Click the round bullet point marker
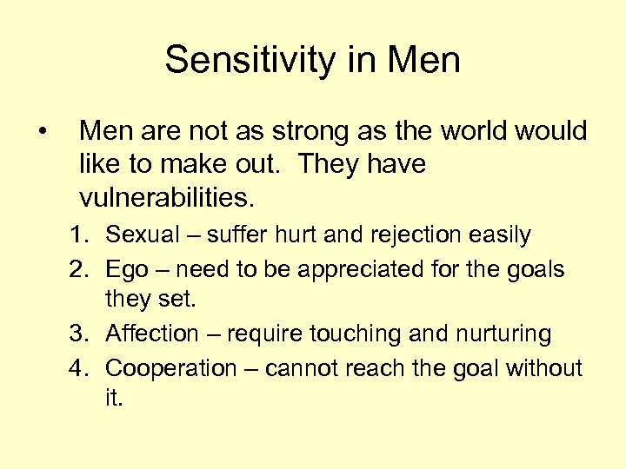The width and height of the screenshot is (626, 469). click(42, 132)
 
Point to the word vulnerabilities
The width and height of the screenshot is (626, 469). click(166, 197)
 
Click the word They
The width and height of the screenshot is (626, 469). click(331, 164)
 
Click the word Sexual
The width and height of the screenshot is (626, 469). click(141, 235)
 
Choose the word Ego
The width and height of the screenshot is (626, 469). click(130, 270)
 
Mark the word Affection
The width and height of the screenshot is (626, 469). click(152, 334)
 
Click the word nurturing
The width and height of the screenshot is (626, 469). click(501, 334)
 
